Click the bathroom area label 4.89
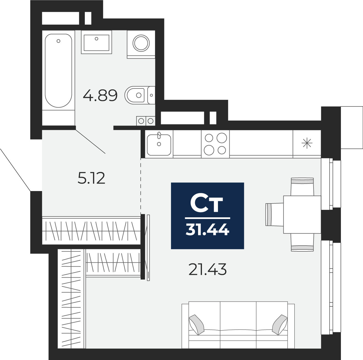[x=100, y=95]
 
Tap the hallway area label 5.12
[x=91, y=178]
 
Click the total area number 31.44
[x=207, y=230]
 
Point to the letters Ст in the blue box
[x=207, y=203]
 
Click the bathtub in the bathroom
[x=58, y=71]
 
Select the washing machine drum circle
[x=141, y=43]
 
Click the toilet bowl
[x=135, y=95]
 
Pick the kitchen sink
[x=159, y=145]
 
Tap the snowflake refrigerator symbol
[x=307, y=143]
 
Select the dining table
[x=302, y=214]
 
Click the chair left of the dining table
[x=275, y=214]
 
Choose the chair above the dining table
[x=302, y=187]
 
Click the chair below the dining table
[x=302, y=242]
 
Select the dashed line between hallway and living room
[x=141, y=186]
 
